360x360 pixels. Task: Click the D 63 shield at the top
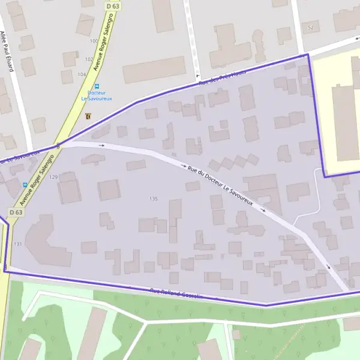[x=112, y=5]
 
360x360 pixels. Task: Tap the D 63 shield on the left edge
[x=16, y=212]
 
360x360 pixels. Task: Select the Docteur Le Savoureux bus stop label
[x=97, y=95]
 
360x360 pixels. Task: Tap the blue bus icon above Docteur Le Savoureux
[x=97, y=86]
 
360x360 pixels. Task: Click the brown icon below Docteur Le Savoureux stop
[x=89, y=116]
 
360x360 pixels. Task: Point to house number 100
[x=93, y=41]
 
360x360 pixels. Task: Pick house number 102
[x=89, y=59]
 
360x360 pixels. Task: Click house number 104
[x=81, y=74]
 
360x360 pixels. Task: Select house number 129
[x=53, y=177]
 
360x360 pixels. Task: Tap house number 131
[x=17, y=244]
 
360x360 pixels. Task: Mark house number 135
[x=154, y=199]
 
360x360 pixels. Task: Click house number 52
[x=310, y=28]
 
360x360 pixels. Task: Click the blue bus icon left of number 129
[x=24, y=185]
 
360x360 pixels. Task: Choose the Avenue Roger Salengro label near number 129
[x=37, y=179]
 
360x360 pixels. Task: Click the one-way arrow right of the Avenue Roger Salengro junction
[x=101, y=145]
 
